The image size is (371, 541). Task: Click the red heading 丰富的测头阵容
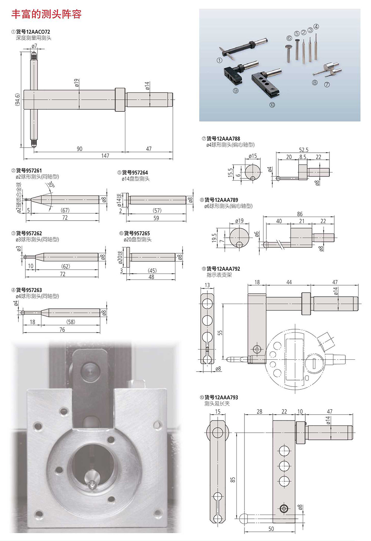tap(46, 14)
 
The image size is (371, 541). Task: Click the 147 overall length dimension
tap(105, 156)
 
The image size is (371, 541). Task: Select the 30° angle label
tap(51, 185)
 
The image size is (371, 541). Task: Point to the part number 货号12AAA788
tap(223, 139)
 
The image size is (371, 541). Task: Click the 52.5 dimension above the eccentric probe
tap(303, 150)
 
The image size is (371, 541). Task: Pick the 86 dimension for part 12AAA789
tap(300, 214)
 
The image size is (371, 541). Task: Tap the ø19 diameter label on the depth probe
tap(76, 83)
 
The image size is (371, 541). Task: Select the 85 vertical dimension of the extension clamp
tap(233, 479)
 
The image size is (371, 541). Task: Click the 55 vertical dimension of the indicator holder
tap(220, 333)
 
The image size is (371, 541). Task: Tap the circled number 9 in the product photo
tap(236, 90)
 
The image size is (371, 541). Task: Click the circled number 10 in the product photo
tap(272, 105)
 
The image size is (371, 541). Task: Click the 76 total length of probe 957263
tap(62, 330)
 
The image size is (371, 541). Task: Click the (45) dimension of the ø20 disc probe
tap(152, 271)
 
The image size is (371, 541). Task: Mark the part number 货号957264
tap(135, 172)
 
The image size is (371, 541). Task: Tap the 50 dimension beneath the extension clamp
tap(271, 529)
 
